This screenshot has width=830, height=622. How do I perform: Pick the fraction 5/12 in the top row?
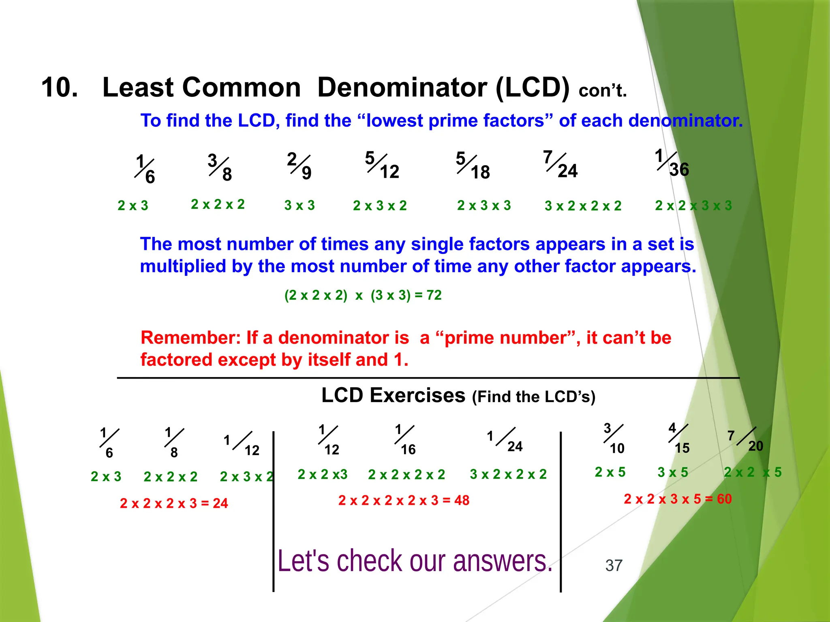[x=382, y=165]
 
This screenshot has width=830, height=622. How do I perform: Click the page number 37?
[x=614, y=565]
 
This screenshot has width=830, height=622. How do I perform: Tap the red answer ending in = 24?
[x=174, y=503]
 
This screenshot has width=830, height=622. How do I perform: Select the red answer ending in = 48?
[x=404, y=501]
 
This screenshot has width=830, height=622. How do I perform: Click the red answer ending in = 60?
[x=678, y=499]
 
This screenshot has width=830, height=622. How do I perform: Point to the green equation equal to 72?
[x=363, y=295]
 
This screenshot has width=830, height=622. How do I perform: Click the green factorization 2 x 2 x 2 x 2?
[x=406, y=474]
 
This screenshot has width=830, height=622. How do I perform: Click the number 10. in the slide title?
[x=60, y=87]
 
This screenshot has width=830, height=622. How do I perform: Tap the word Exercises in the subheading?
[x=417, y=396]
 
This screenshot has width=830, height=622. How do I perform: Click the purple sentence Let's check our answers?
[x=415, y=561]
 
